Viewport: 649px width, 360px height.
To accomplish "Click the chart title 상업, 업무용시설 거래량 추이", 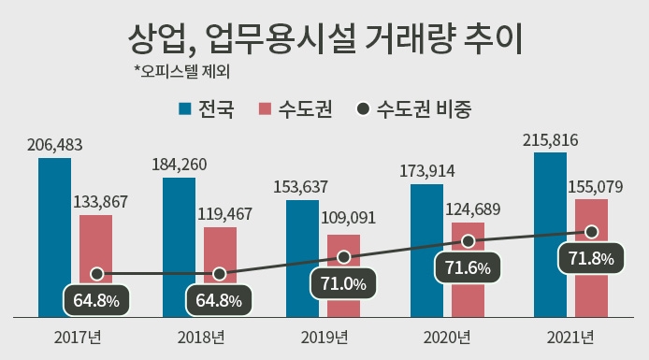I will click(324, 39).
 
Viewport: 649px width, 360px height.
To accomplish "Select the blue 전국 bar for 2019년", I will click(302, 257).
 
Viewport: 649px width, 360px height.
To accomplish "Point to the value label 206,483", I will click(55, 145).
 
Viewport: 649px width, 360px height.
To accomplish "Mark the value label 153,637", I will click(301, 187).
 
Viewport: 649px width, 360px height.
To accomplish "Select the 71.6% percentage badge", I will click(468, 268).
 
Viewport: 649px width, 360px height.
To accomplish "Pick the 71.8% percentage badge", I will click(591, 259).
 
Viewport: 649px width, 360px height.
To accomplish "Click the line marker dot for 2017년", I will click(96, 274).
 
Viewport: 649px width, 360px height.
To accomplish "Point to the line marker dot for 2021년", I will click(591, 231).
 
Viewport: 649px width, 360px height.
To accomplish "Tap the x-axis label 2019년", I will click(324, 337).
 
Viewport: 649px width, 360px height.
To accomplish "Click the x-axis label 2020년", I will click(447, 337).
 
